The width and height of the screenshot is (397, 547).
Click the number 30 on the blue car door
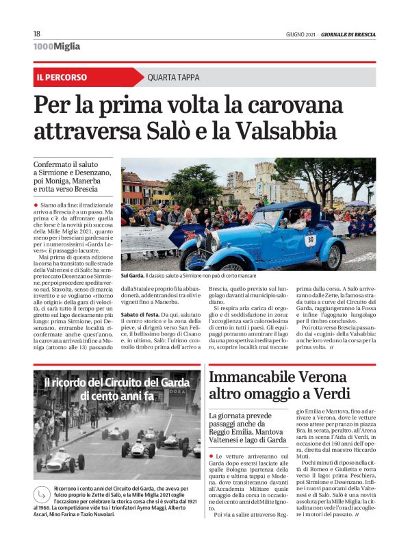(310, 240)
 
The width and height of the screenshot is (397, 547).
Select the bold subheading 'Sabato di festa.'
(141, 313)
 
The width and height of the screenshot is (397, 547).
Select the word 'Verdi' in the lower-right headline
(331, 394)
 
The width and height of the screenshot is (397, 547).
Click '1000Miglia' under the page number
(56, 47)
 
